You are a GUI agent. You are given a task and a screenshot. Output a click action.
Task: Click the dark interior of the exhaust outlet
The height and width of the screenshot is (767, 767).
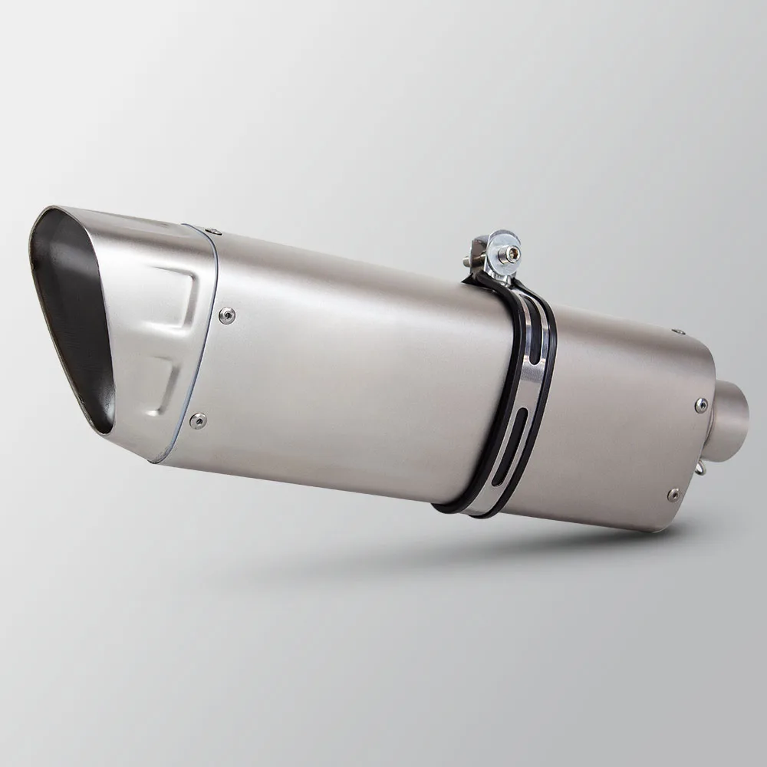pos(73,307)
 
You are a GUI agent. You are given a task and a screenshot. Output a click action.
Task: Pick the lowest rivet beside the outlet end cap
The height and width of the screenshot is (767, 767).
pos(200,419)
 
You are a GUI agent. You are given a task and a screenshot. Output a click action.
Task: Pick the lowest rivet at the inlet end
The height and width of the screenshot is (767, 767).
pos(673,492)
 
